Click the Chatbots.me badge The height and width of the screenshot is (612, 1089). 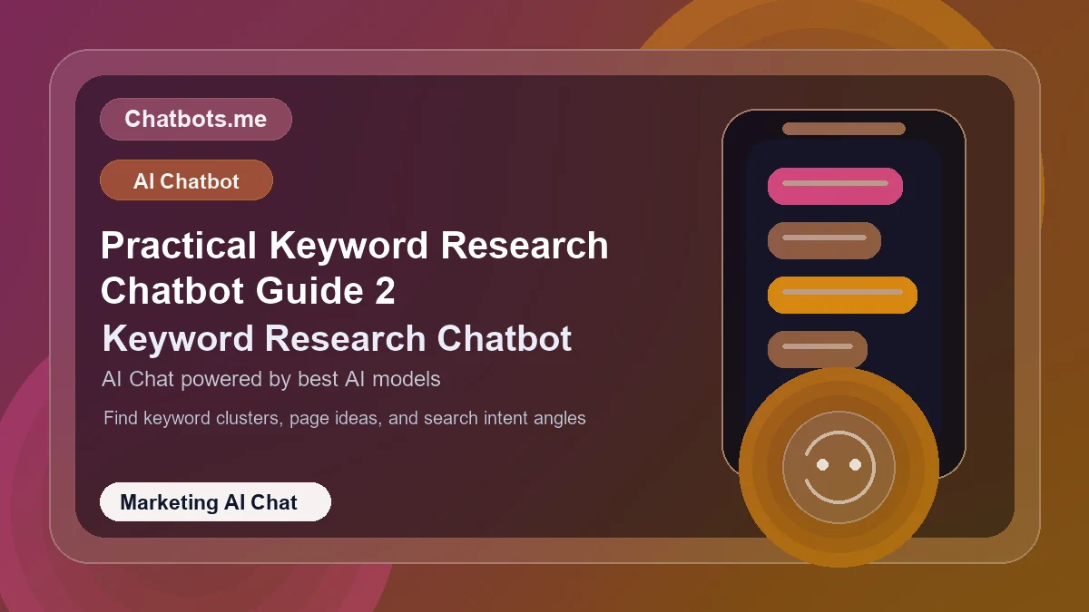195,119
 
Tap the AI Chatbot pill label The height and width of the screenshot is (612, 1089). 186,180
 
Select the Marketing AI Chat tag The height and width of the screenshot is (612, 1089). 215,501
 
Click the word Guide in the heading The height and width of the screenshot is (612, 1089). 309,291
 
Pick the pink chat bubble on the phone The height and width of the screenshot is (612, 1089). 835,186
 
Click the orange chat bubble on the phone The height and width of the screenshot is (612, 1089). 842,295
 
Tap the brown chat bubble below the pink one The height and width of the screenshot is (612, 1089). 824,240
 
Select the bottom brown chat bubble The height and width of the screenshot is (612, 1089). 818,349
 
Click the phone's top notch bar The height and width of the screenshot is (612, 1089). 844,129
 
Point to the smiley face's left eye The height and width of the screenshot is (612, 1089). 822,464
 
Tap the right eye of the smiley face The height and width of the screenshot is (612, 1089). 855,464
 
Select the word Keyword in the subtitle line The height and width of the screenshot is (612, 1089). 178,338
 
